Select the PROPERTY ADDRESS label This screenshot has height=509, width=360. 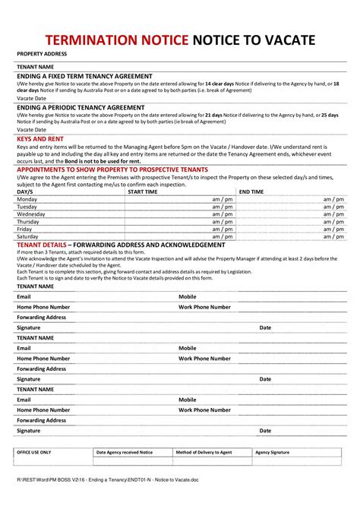click(42, 54)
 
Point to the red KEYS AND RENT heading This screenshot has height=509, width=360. click(39, 139)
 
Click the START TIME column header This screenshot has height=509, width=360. click(143, 192)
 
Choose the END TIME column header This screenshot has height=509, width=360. click(251, 192)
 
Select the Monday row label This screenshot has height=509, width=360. click(27, 199)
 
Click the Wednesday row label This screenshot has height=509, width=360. click(31, 214)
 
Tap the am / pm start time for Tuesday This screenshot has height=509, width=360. click(222, 207)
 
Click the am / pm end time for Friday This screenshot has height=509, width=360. click(333, 229)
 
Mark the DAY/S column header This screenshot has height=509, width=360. click(25, 192)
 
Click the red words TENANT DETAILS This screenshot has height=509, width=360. click(42, 245)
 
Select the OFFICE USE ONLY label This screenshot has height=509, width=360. click(34, 452)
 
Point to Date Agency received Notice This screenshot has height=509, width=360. click(124, 452)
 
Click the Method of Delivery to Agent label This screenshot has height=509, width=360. click(204, 452)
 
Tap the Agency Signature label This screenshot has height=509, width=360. click(272, 452)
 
